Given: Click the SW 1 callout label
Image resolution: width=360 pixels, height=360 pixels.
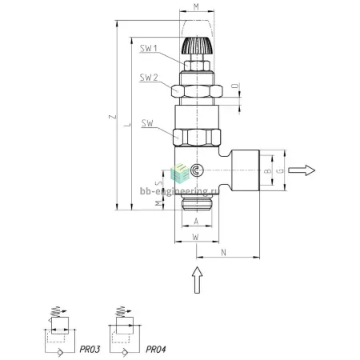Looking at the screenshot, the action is [149, 48].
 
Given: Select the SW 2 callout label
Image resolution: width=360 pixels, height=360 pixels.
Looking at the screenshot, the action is [149, 78].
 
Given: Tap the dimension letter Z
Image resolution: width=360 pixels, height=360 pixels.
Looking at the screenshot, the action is [113, 117].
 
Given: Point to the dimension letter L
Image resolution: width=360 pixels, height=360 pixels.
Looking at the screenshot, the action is [128, 125].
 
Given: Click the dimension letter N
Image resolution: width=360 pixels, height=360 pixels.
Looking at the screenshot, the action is [224, 253].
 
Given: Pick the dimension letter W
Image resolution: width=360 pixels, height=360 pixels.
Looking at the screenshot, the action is [196, 237].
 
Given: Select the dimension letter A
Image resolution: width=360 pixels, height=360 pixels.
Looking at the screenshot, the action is [196, 222].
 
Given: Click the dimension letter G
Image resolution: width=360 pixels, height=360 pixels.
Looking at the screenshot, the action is [281, 170].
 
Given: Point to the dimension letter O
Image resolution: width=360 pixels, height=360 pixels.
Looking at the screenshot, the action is [235, 86].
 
